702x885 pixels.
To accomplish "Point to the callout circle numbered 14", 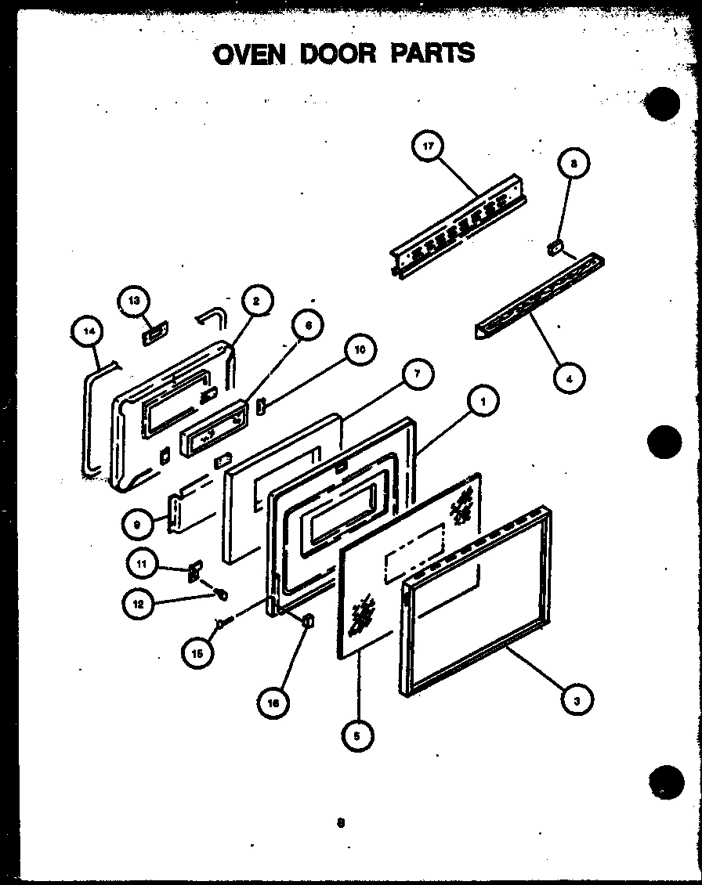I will pos(88,332).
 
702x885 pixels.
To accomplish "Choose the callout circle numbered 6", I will pos(307,325).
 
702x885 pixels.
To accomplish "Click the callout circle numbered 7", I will pos(417,374).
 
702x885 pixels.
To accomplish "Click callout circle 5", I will pos(358,735).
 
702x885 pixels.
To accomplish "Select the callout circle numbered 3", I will pos(576,700).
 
